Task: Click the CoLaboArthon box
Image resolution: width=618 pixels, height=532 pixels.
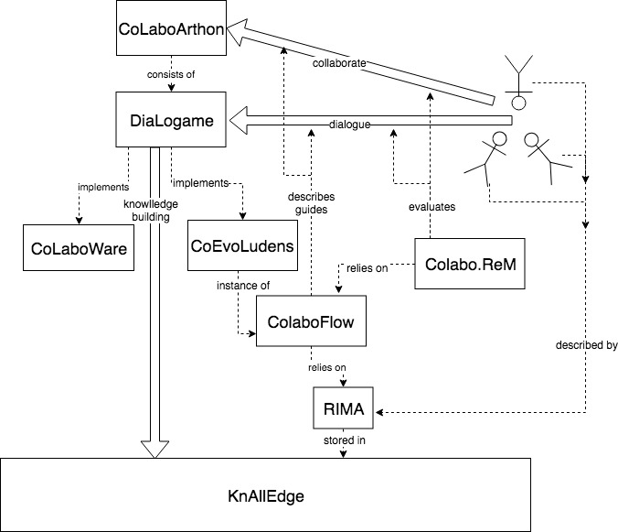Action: click(170, 27)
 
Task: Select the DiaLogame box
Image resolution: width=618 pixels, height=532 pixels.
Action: click(172, 117)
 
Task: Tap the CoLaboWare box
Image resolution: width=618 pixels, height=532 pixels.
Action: click(78, 247)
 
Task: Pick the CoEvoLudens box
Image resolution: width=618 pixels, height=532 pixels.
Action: click(243, 244)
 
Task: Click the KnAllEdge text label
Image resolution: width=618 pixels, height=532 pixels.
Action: click(265, 495)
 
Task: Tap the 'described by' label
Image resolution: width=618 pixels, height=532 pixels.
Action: click(586, 346)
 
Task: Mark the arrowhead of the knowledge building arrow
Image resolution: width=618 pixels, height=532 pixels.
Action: click(156, 448)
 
